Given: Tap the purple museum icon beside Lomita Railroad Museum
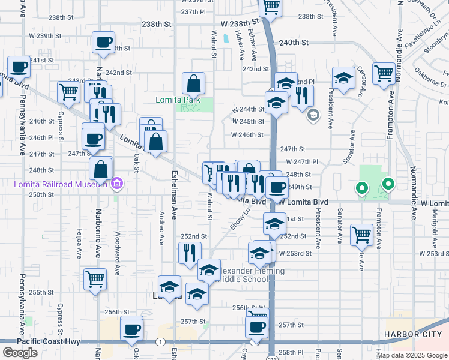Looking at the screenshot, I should [117, 183].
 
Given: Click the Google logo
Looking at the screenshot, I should [20, 353].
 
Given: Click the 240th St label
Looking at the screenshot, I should [293, 43].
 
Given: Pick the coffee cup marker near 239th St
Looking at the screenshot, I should [103, 43].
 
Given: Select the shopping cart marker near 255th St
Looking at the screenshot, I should [95, 279].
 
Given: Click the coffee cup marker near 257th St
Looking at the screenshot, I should [256, 328].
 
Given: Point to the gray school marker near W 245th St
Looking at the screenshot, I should [312, 115].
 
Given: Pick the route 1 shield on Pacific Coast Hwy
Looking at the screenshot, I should [160, 341].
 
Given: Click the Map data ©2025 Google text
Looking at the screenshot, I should [412, 355].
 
